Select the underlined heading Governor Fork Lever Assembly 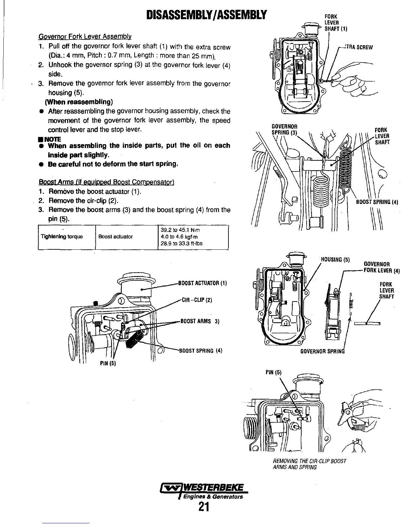85,36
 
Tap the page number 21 204,507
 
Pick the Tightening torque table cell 62,237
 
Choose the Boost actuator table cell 116,237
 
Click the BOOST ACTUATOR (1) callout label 203,283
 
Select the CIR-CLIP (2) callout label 197,301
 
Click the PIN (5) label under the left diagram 108,363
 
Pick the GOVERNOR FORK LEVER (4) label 382,267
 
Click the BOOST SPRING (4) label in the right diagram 377,202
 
